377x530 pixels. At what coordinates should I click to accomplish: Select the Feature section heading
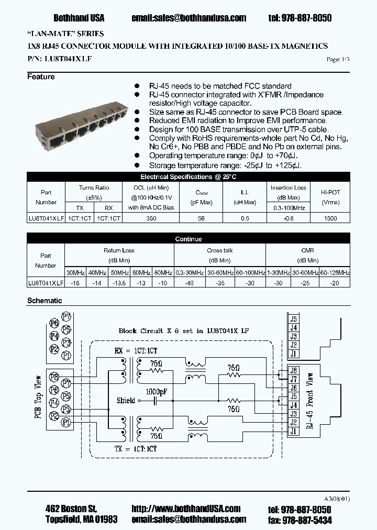pyautogui.click(x=41, y=77)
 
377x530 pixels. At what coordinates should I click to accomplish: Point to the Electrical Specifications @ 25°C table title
pyautogui.click(x=188, y=177)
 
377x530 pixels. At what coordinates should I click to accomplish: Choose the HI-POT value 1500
pyautogui.click(x=330, y=218)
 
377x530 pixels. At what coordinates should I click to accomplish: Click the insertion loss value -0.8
pyautogui.click(x=289, y=218)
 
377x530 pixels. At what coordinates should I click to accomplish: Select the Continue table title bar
pyautogui.click(x=188, y=239)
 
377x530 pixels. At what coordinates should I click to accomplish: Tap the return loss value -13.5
pyautogui.click(x=119, y=283)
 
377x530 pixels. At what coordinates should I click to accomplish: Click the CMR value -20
pyautogui.click(x=335, y=283)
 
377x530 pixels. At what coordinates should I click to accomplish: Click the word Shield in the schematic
pyautogui.click(x=126, y=401)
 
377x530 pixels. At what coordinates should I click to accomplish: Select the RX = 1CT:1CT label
pyautogui.click(x=136, y=351)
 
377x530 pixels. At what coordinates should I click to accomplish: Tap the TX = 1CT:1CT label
pyautogui.click(x=136, y=449)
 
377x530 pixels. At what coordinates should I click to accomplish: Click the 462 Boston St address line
pyautogui.click(x=71, y=509)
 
